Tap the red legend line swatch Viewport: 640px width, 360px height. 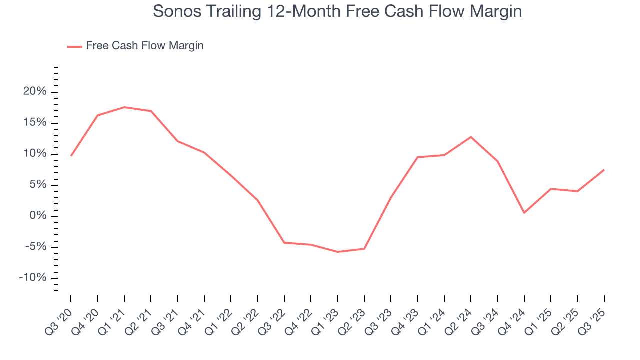[x=75, y=46]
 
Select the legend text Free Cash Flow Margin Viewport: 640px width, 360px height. [x=145, y=46]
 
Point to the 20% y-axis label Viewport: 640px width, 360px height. [x=35, y=92]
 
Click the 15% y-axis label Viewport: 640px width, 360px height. [x=35, y=123]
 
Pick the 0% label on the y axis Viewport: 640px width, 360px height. [x=38, y=216]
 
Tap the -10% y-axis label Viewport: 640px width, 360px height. [x=33, y=278]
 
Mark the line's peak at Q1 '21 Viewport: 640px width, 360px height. [x=124, y=107]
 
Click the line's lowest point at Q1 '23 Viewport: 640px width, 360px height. [x=337, y=252]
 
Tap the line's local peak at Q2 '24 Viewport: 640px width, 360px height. [x=471, y=137]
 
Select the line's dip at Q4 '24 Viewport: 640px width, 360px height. [x=524, y=213]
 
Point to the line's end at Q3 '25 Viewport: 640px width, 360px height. [x=604, y=170]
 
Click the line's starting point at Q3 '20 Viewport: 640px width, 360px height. [x=71, y=156]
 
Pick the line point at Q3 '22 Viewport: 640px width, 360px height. [x=284, y=243]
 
